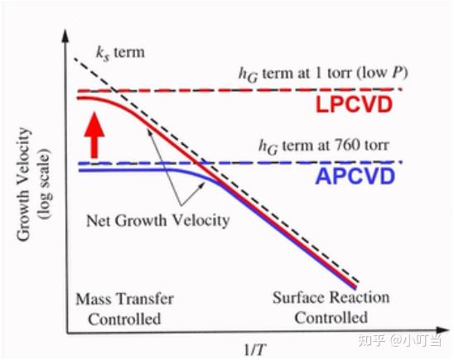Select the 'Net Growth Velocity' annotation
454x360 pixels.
[157, 221]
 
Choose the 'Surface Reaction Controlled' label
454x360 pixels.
[331, 308]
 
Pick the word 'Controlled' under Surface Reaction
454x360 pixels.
[331, 318]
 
